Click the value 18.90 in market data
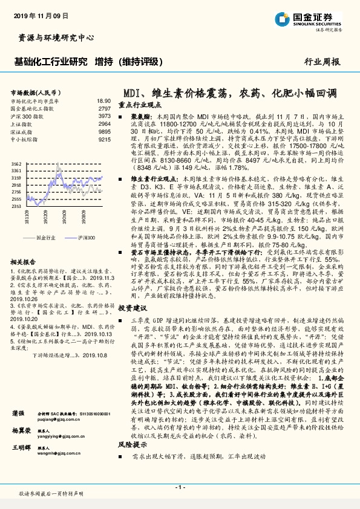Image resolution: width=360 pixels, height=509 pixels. point(103,102)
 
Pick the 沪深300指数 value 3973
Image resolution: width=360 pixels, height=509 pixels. point(104,115)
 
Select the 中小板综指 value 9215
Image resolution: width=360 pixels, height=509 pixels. point(104,140)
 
